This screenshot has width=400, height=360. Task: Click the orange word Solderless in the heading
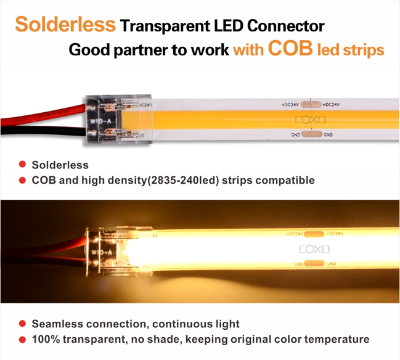point(65,25)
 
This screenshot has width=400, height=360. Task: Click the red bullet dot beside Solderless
point(22,165)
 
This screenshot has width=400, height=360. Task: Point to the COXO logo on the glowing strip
point(314,249)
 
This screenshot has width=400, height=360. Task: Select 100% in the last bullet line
point(47,339)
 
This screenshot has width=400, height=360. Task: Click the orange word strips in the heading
point(359,50)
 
